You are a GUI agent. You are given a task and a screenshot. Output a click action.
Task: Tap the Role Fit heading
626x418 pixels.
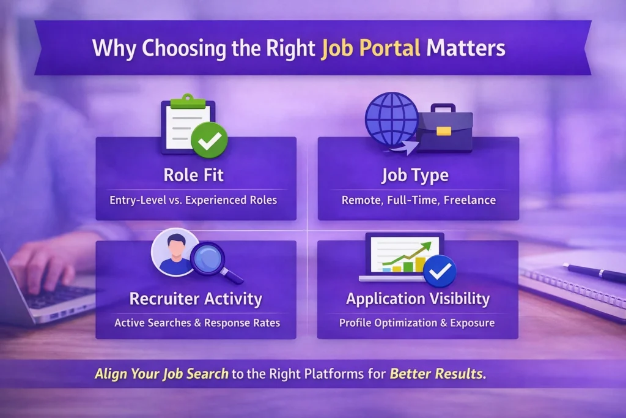pyautogui.click(x=193, y=176)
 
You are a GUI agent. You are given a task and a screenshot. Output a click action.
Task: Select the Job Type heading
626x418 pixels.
pyautogui.click(x=415, y=176)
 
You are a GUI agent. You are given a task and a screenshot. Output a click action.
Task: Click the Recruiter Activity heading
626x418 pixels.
pyautogui.click(x=196, y=299)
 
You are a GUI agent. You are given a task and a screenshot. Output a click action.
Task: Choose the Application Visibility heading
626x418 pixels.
pyautogui.click(x=418, y=299)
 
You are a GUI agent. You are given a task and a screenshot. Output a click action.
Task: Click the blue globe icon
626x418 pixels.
pyautogui.click(x=391, y=118)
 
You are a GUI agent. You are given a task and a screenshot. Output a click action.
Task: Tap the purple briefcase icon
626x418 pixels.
pyautogui.click(x=444, y=129)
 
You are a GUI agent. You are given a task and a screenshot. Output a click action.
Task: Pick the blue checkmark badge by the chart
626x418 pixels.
pyautogui.click(x=440, y=271)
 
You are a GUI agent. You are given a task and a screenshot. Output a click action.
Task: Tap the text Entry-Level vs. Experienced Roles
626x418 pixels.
pyautogui.click(x=193, y=200)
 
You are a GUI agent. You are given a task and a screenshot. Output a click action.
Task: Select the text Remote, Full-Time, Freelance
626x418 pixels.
pyautogui.click(x=418, y=200)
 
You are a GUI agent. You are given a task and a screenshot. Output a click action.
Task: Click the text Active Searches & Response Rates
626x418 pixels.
pyautogui.click(x=196, y=323)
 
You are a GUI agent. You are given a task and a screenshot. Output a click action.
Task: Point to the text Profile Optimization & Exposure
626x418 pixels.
pyautogui.click(x=418, y=323)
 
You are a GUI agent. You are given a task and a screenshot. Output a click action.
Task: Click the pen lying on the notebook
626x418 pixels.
pyautogui.click(x=593, y=272)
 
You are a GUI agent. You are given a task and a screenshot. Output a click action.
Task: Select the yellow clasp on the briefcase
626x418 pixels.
pyautogui.click(x=444, y=131)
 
